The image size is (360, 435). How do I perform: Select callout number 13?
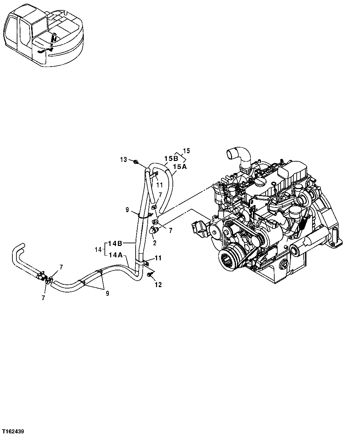(x=124, y=160)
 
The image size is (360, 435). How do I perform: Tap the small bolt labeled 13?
(x=136, y=162)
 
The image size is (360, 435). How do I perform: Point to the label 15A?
(x=179, y=166)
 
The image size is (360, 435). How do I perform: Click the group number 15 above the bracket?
(x=186, y=151)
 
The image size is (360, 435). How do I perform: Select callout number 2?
(x=154, y=243)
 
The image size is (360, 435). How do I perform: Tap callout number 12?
(x=158, y=285)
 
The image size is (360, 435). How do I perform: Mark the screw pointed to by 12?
(x=149, y=274)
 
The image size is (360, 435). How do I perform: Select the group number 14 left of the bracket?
(x=98, y=249)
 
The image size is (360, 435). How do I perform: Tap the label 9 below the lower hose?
(x=107, y=293)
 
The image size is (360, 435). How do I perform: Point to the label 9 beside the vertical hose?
(x=127, y=210)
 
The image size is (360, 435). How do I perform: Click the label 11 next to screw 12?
(x=158, y=258)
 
